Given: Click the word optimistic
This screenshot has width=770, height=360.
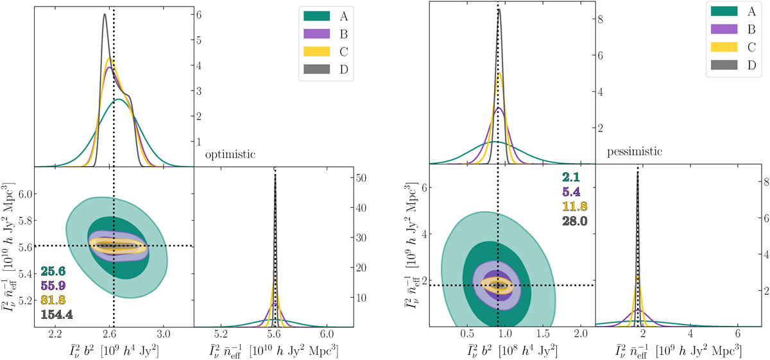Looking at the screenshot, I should click(231, 155).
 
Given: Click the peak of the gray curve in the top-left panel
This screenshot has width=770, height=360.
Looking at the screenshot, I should click(105, 15).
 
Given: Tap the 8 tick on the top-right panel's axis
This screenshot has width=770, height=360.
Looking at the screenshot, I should click(600, 19).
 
